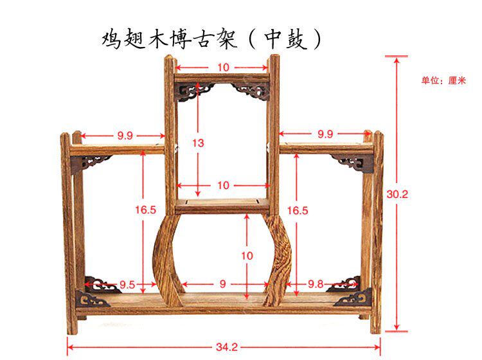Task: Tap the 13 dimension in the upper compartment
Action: [x=198, y=143]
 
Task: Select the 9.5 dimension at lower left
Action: [x=127, y=285]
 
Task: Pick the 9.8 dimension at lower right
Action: [x=316, y=285]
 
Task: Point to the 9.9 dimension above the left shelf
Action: [x=125, y=135]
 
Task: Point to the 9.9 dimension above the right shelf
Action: [x=325, y=135]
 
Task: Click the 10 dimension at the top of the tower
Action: [x=222, y=67]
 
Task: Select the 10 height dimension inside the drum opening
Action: [x=247, y=255]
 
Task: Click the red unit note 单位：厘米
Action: [x=443, y=81]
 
